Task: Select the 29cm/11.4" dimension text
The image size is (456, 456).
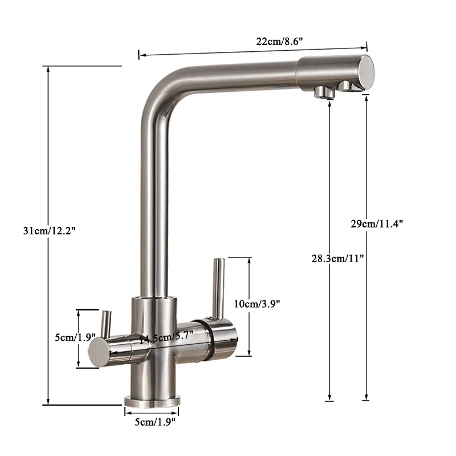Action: click(x=377, y=224)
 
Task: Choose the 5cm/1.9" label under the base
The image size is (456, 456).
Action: click(x=152, y=421)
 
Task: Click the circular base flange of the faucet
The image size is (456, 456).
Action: click(x=152, y=398)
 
